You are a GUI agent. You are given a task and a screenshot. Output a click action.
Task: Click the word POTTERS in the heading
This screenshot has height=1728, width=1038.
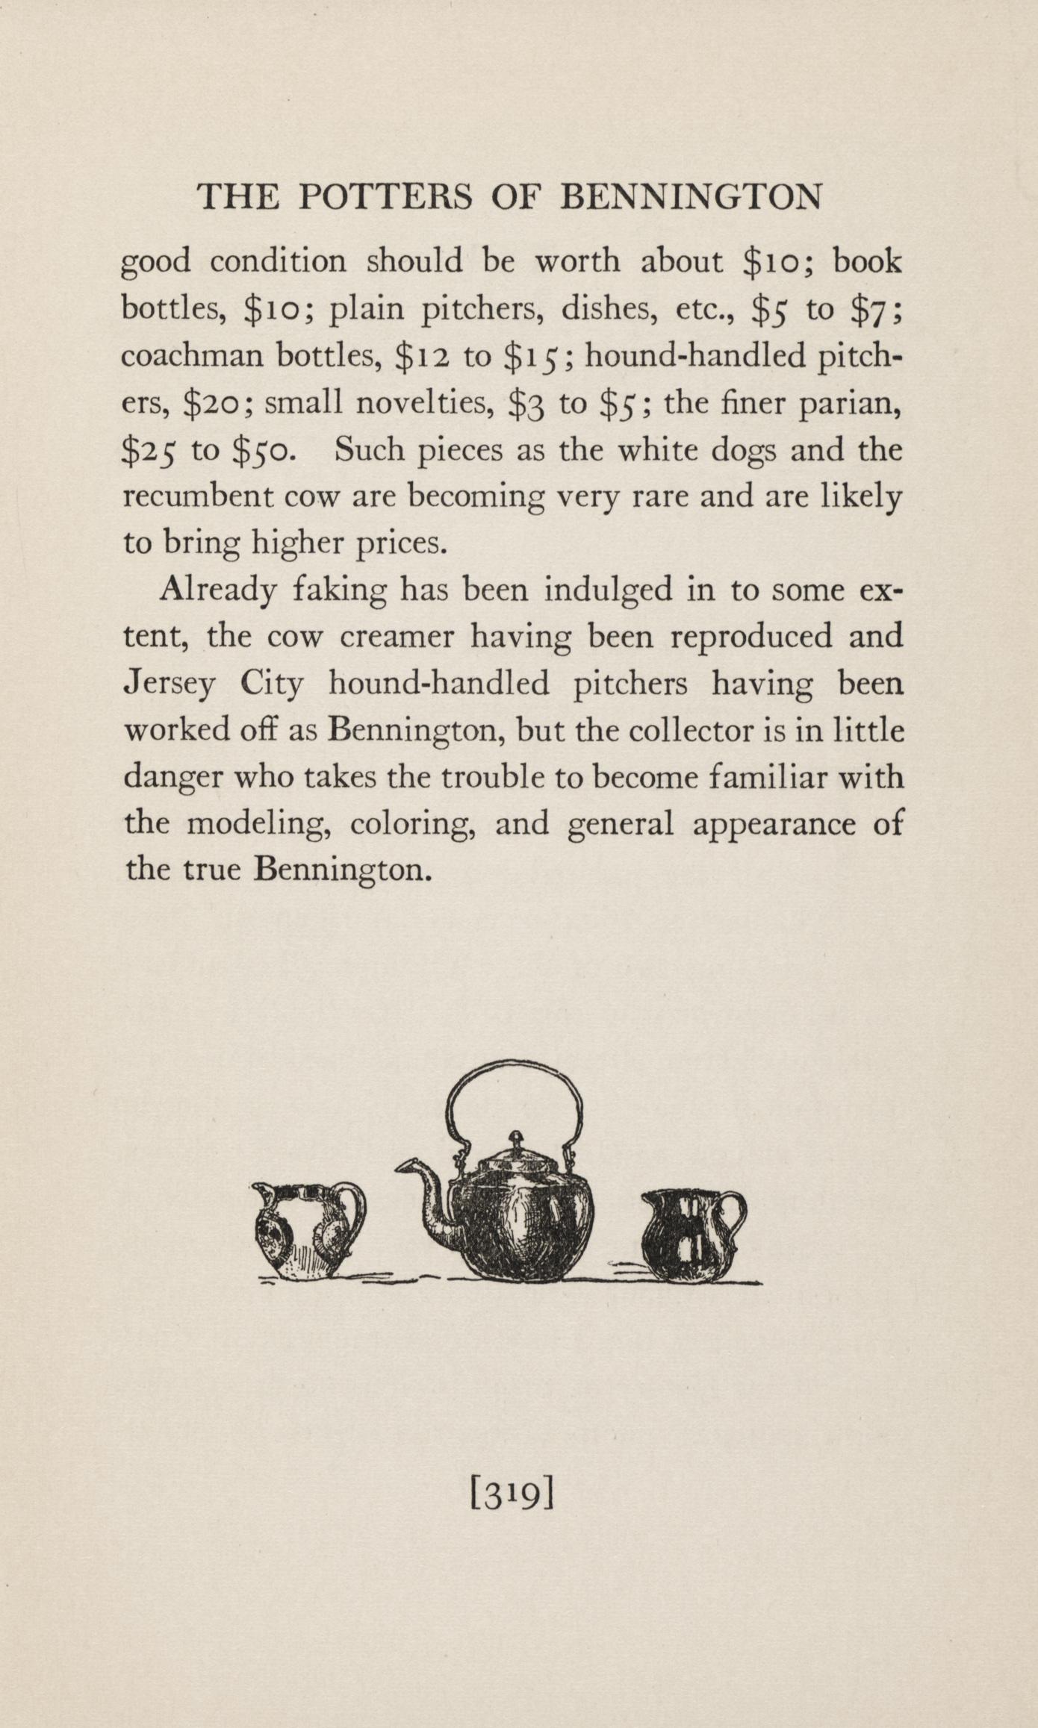385,198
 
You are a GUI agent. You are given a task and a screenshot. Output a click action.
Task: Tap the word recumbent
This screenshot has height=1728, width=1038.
188,497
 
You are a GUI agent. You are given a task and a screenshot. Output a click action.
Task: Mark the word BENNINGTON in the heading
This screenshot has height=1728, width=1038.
691,198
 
